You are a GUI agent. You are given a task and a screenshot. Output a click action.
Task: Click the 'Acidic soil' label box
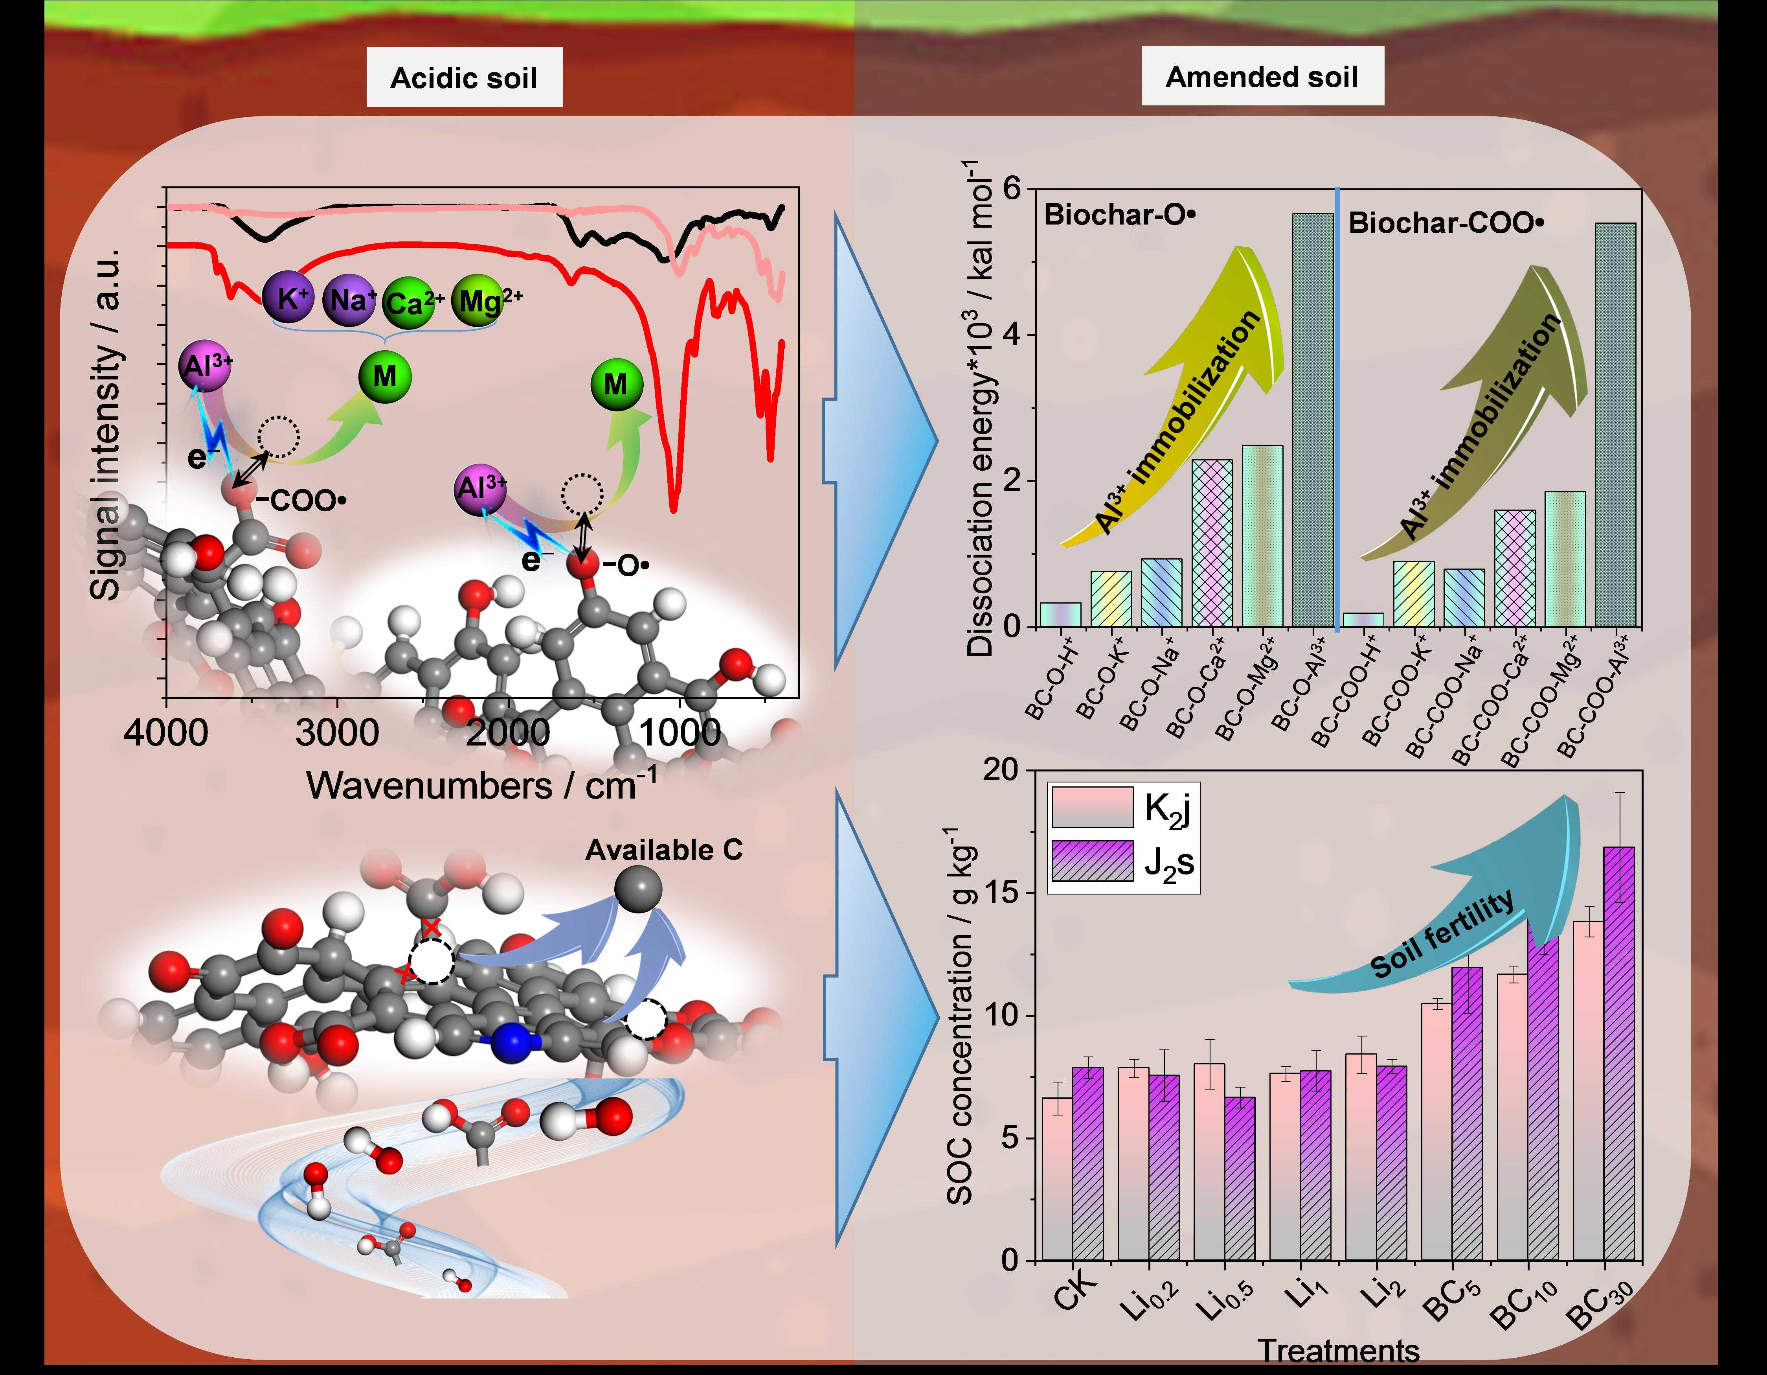464,78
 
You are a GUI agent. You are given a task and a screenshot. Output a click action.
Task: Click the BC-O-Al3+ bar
1312,421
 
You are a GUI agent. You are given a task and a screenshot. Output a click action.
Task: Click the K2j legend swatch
1091,807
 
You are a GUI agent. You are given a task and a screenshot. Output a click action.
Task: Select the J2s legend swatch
1091,861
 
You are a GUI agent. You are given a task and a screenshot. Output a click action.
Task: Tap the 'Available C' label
663,850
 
